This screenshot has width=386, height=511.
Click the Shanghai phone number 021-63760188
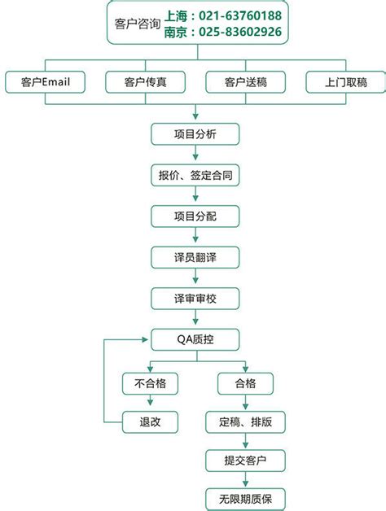click(240, 15)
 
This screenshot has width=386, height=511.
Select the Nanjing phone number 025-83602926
click(240, 32)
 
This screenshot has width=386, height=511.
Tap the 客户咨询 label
click(138, 24)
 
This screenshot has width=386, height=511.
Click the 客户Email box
click(45, 82)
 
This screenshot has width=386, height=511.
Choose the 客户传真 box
click(145, 82)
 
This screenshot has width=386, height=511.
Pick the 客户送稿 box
click(245, 82)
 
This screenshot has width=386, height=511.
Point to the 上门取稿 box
click(345, 82)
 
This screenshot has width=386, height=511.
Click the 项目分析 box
click(195, 134)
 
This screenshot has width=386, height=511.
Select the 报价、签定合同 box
click(195, 175)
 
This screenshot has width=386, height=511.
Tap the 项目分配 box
click(195, 216)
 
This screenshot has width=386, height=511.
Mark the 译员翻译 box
click(195, 257)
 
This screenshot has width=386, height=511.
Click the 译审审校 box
click(195, 299)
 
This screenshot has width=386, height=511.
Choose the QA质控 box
click(195, 339)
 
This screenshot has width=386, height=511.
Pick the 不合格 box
click(150, 383)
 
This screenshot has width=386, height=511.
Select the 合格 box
click(245, 383)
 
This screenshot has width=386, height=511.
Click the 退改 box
click(150, 422)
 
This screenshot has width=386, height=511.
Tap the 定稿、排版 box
click(245, 422)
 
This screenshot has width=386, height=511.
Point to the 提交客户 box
click(245, 461)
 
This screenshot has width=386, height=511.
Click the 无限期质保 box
click(245, 499)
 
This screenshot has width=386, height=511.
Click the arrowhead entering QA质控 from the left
click(146, 339)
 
